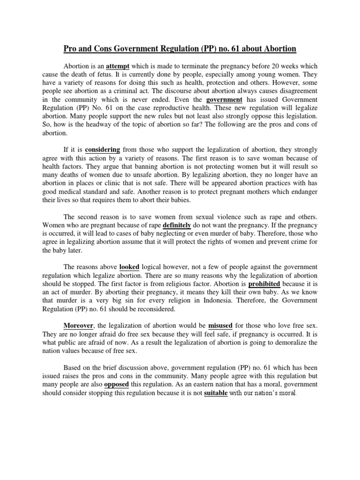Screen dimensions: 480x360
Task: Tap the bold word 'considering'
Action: (103, 150)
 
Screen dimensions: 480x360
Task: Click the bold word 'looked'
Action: (129, 267)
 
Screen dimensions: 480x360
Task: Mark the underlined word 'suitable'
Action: (216, 392)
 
